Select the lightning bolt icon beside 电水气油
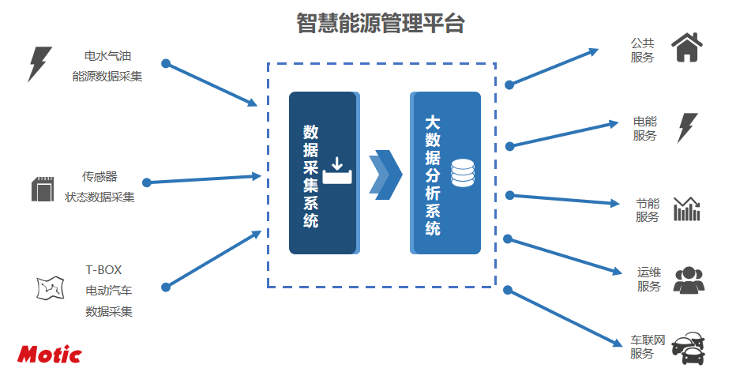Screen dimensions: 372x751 point(39,64)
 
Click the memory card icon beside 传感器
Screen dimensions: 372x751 point(40,190)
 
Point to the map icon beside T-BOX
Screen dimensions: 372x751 point(50,288)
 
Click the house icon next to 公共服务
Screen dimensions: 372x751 point(686,47)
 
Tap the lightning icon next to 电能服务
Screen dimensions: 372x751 point(688,127)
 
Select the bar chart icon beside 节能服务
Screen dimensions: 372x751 point(686,209)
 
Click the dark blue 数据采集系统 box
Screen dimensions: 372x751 point(323,173)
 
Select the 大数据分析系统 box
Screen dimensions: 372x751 point(445,173)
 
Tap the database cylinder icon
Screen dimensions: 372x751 point(462,173)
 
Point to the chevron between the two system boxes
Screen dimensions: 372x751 point(385,174)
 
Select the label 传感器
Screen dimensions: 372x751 point(100,177)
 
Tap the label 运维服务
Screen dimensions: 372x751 point(648,279)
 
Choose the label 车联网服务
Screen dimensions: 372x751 point(648,347)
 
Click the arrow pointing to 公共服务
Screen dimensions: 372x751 point(553,66)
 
